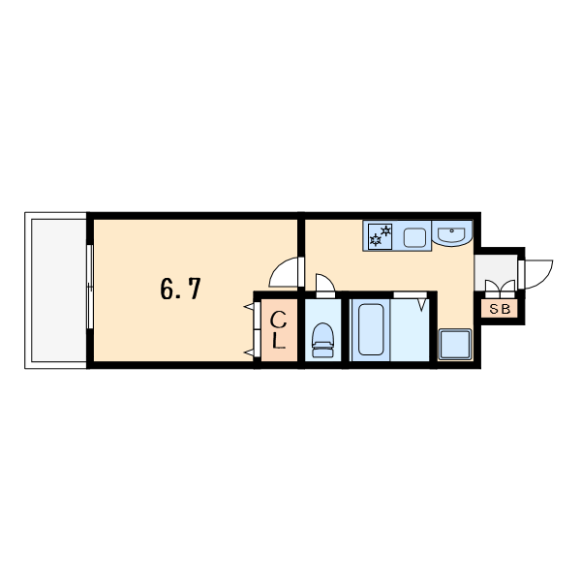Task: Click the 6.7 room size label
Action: point(180,289)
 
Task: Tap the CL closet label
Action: point(279,330)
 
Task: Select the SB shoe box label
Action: point(500,309)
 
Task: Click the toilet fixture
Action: point(323,340)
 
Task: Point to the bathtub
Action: point(371,329)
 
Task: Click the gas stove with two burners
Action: point(381,235)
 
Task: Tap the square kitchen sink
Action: point(414,237)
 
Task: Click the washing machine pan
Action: point(455,344)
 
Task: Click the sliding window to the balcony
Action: point(90,287)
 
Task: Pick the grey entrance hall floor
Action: point(496,267)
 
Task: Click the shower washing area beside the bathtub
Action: point(410,330)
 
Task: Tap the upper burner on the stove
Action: point(386,230)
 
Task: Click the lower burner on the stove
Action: point(376,240)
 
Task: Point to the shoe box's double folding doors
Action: point(500,289)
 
